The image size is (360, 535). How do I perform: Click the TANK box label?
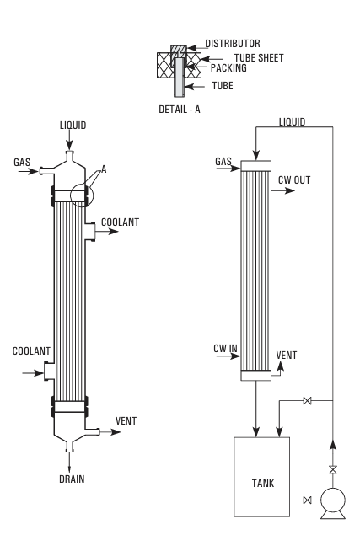263,483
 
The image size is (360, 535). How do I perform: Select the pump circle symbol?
333,500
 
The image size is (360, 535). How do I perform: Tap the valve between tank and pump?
308,500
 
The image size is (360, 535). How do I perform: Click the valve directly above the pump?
333,470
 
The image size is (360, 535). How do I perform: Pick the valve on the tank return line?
308,400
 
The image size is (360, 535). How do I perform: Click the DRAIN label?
72,479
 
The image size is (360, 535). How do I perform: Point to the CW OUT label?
294,179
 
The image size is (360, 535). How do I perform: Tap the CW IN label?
225,348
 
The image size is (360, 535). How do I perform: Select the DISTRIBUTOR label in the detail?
233,43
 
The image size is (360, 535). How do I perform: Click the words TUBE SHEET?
259,57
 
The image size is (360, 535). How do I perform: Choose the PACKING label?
228,68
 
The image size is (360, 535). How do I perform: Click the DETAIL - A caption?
180,110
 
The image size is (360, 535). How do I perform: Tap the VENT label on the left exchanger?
126,420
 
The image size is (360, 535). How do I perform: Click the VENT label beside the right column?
286,356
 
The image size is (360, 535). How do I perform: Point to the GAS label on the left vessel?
22,162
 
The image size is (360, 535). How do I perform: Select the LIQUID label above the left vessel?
73,126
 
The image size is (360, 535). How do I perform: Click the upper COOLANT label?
121,222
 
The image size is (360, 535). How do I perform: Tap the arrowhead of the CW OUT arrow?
290,190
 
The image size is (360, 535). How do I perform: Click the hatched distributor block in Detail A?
179,51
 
